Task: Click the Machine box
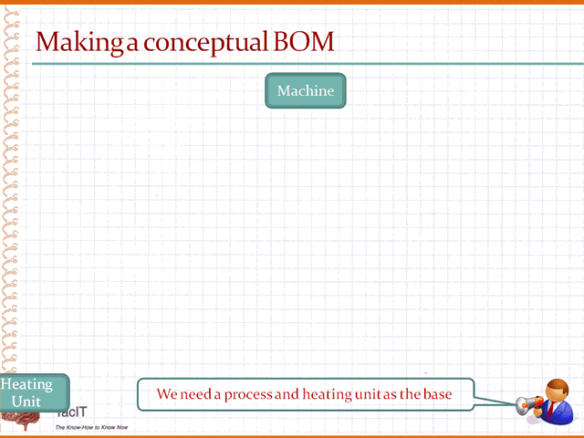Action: (306, 90)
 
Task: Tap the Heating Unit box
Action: (35, 393)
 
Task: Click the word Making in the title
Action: (79, 42)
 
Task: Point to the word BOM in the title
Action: (304, 41)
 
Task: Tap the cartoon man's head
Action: (557, 391)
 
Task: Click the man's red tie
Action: (550, 410)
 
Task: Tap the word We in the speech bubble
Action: (165, 394)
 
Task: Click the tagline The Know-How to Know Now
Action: (91, 427)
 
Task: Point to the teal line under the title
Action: (308, 64)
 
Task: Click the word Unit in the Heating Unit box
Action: (26, 401)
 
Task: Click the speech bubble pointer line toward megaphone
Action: (495, 401)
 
